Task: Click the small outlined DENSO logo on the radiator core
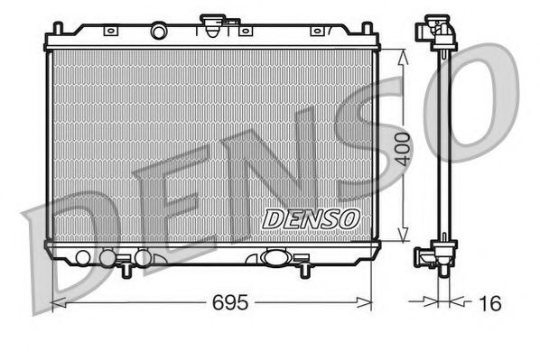[311, 217]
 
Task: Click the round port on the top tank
[159, 32]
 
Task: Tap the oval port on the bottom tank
[272, 257]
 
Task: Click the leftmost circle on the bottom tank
[83, 257]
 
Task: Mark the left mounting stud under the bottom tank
[122, 268]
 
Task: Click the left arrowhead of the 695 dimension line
[54, 300]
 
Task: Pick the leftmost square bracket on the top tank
[109, 31]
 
